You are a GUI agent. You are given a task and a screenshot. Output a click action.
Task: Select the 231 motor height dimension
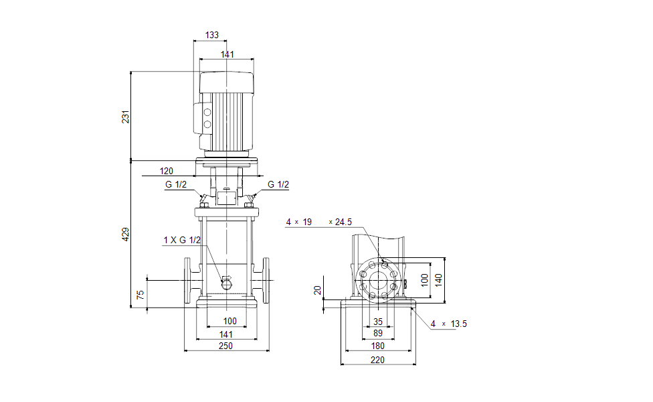coord(125,117)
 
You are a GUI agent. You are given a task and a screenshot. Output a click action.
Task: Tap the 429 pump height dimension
coord(125,234)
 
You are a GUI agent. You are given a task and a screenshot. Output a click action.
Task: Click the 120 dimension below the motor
coord(167,171)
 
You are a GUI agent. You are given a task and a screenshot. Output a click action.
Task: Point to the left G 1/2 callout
coord(176,185)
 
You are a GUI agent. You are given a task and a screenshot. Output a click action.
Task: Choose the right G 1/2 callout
coord(278,185)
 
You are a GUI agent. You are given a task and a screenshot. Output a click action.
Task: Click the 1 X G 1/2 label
coord(182,240)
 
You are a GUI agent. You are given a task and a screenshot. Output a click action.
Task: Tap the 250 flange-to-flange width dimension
coord(226,346)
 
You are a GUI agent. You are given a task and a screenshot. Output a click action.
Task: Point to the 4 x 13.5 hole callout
coord(448,324)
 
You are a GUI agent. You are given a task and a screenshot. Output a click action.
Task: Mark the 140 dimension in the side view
coord(439,279)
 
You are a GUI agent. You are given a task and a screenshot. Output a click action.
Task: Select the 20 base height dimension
coord(318,290)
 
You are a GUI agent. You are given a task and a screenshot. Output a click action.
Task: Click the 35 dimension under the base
coord(378,322)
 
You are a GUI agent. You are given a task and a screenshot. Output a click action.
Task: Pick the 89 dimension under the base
coord(378,333)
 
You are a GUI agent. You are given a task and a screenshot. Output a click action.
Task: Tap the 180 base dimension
coord(378,346)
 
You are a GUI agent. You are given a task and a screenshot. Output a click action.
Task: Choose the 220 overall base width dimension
coord(378,360)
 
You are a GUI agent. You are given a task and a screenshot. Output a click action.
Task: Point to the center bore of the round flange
coord(378,279)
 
